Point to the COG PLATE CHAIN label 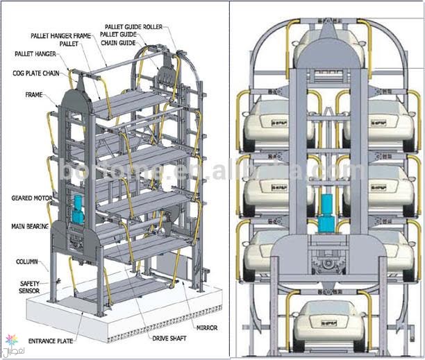pos(35,73)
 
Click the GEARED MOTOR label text pos(32,198)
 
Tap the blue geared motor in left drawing pos(78,208)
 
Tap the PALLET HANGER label pos(35,53)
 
